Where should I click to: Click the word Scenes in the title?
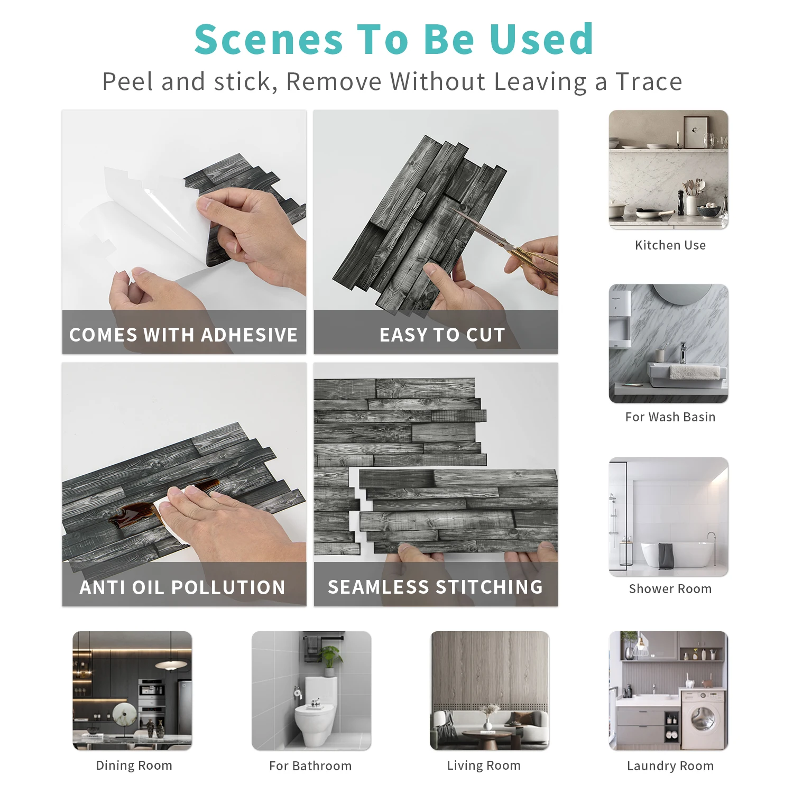269,39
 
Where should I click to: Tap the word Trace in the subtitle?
649,81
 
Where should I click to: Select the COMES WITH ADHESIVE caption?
183,335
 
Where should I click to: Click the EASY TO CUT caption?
442,335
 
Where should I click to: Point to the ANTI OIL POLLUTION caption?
182,587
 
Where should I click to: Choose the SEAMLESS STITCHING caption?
435,587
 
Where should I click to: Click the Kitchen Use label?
670,245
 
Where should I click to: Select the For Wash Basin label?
670,417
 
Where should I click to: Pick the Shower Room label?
670,589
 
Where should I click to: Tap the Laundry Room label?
670,766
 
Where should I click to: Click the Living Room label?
484,766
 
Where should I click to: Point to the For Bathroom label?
310,766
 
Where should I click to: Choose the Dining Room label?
134,766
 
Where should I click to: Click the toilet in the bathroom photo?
315,708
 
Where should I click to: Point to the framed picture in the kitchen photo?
696,132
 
